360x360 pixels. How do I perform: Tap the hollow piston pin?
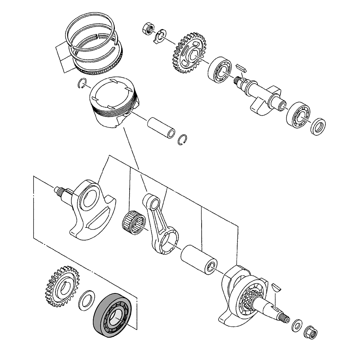(161, 128)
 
